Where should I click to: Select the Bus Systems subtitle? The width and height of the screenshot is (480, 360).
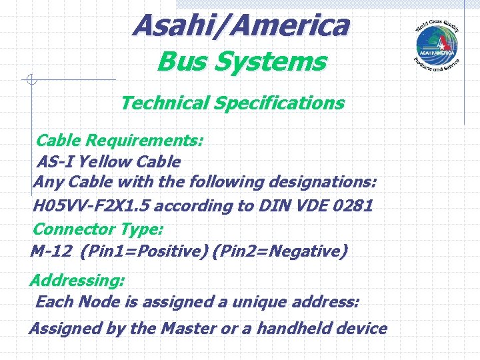[x=241, y=63]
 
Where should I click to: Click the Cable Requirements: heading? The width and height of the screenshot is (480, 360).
[x=119, y=141]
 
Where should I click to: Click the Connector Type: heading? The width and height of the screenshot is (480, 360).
[x=97, y=229]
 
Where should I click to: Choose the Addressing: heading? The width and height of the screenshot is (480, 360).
[x=77, y=279]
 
